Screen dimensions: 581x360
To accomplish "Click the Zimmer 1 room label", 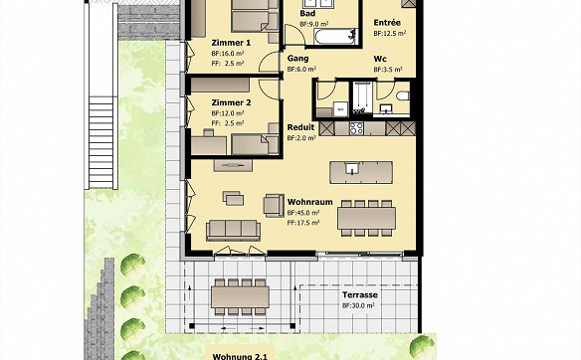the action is click(231, 43).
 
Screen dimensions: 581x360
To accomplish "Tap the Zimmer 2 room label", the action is click(231, 102).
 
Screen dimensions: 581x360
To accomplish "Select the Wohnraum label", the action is click(310, 202).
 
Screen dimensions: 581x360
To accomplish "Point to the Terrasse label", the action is click(360, 295).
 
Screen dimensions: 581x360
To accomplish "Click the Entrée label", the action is click(387, 23).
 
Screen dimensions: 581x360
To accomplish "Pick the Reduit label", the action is click(300, 127).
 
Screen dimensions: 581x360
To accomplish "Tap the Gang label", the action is click(297, 59).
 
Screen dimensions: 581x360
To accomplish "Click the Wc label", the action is click(380, 59).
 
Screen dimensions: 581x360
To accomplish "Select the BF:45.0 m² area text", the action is click(303, 213).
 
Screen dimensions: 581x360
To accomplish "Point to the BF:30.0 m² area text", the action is click(358, 306).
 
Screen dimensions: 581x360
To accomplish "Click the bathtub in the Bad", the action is click(335, 37).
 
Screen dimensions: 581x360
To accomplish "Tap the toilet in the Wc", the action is click(402, 96).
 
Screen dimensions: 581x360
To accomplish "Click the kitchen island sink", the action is click(351, 168).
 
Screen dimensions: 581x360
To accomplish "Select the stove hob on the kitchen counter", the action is click(356, 128).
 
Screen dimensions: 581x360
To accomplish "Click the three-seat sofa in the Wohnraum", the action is click(233, 230).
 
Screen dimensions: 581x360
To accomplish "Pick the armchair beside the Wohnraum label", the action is click(274, 206).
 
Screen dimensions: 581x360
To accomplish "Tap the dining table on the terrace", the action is click(240, 297).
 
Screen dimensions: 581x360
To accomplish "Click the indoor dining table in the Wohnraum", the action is click(366, 218).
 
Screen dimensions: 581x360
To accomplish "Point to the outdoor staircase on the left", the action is click(100, 142).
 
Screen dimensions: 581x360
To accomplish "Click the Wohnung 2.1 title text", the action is click(240, 357).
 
